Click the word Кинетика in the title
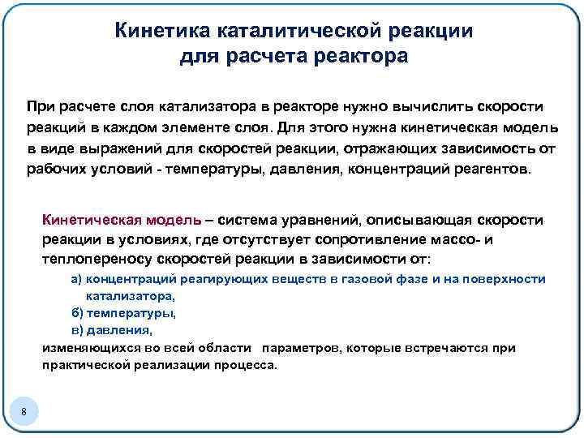click(x=163, y=31)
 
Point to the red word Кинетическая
click(x=92, y=221)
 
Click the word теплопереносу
click(x=88, y=260)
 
